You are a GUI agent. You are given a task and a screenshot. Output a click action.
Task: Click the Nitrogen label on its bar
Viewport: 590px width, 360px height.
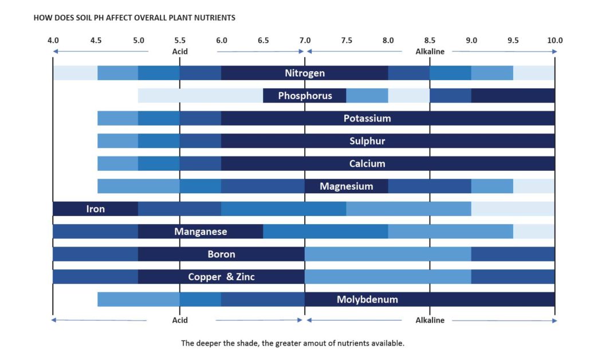305,73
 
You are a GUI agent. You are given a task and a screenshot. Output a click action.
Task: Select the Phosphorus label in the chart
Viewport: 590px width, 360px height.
305,96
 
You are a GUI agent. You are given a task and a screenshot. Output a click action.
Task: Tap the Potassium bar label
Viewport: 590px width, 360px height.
367,119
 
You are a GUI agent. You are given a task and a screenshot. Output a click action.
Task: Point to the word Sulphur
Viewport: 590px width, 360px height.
367,141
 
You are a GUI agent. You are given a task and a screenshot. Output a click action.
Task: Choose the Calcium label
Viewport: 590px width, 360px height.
367,164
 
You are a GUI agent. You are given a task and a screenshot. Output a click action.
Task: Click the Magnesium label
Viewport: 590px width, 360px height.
346,186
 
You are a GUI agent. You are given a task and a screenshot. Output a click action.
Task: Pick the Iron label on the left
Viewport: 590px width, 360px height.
96,209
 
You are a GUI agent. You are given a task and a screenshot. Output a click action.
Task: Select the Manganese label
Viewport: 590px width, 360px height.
200,232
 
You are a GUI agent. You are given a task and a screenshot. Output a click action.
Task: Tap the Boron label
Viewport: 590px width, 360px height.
221,255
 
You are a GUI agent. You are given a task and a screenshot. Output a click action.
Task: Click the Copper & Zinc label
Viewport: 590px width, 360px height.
221,277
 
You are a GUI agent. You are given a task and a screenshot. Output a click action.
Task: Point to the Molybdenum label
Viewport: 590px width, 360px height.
367,300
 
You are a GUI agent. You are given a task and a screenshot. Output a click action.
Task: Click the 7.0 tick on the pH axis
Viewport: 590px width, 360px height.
305,40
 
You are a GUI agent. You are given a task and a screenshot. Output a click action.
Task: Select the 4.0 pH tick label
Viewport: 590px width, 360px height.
53,40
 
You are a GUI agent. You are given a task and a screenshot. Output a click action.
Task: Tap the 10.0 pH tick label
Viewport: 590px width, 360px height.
554,40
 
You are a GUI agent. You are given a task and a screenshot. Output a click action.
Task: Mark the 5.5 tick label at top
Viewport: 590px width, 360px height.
180,40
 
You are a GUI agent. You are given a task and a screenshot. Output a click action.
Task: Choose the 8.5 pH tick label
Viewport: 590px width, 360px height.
430,40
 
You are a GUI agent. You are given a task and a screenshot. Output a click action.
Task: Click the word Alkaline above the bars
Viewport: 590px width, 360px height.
430,51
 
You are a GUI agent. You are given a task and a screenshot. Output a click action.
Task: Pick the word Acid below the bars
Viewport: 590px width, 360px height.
180,320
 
